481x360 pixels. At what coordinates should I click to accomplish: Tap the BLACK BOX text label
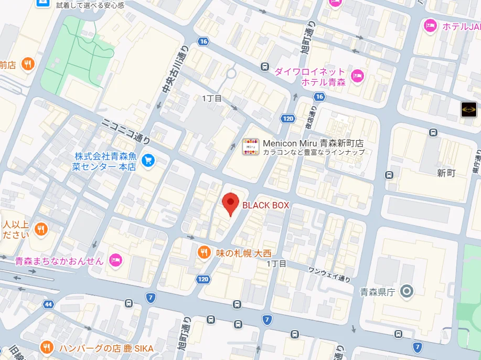coord(265,206)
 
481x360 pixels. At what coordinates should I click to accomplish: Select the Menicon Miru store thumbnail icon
coord(251,147)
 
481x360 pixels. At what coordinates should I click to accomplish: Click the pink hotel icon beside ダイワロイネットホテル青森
coord(358,77)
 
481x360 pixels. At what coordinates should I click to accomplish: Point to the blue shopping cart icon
coord(148,159)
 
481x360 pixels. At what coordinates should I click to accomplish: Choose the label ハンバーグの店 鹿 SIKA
coord(106,348)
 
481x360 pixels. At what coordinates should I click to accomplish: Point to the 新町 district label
coord(446,173)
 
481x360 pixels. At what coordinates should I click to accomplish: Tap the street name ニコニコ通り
coord(125,131)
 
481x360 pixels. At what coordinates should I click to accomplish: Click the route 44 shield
coord(49,304)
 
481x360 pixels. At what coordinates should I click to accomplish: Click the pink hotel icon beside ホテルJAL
coord(431,25)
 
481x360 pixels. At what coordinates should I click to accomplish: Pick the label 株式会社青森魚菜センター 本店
coord(105,162)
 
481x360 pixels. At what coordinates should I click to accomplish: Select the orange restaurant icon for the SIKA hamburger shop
coord(47,348)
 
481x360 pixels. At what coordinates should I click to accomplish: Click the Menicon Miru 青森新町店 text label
coord(313,143)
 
